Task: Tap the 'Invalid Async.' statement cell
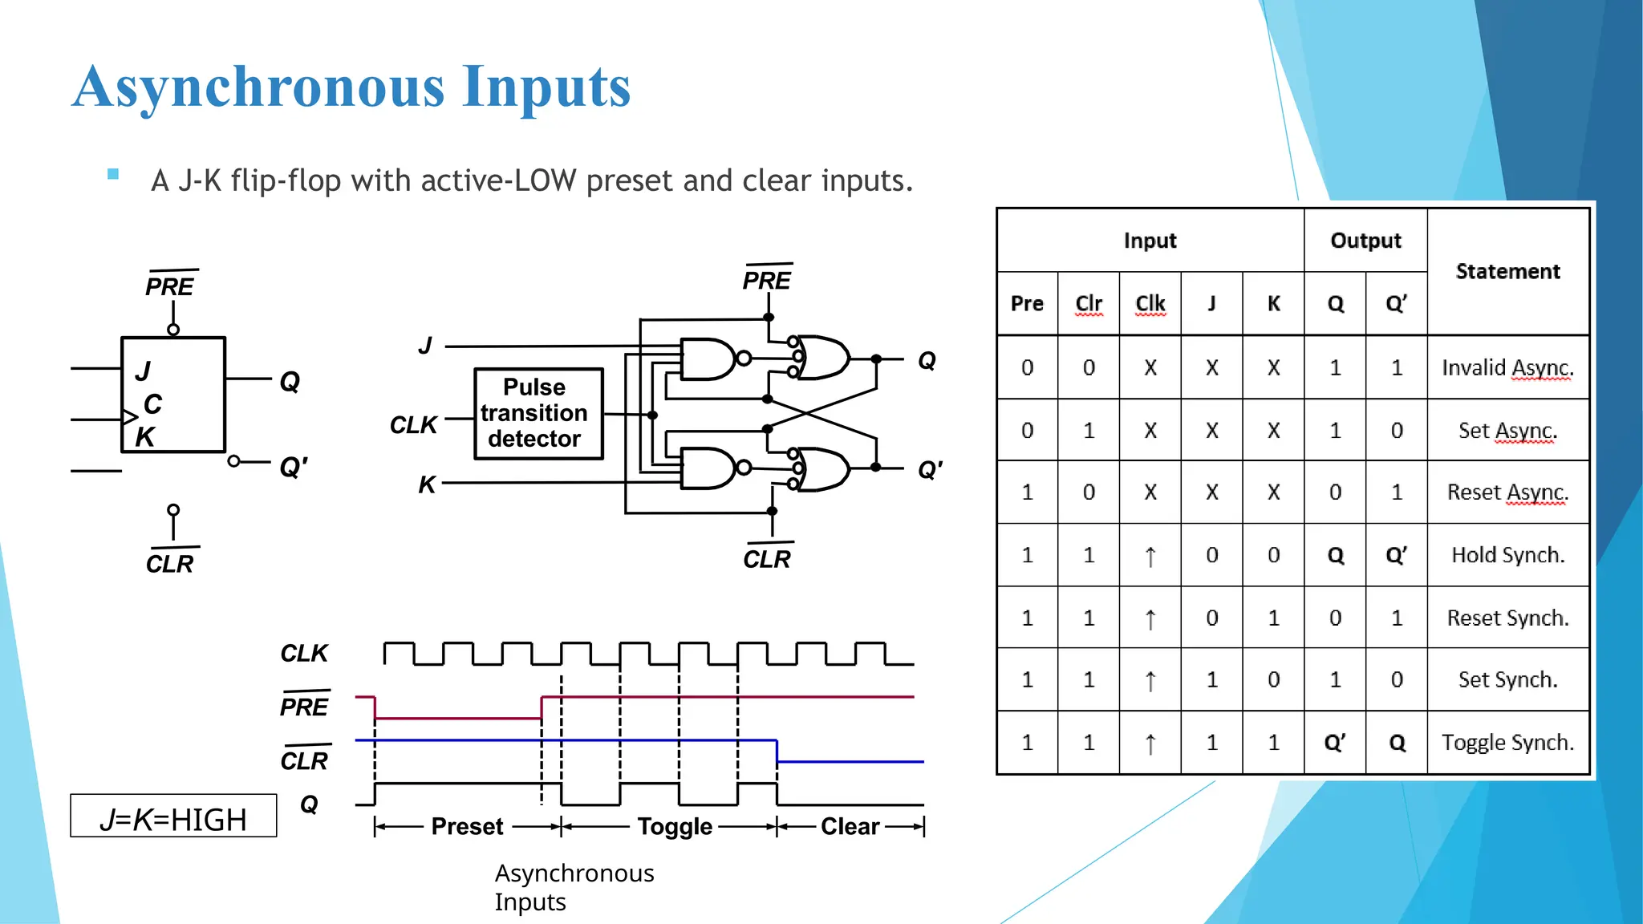click(1507, 367)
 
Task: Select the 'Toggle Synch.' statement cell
click(1507, 742)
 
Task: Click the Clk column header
click(1150, 303)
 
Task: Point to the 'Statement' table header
click(1507, 271)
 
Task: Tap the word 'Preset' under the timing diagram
click(467, 826)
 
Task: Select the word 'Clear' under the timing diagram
click(850, 826)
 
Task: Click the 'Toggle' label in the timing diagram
click(675, 826)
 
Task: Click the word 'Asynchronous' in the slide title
click(258, 87)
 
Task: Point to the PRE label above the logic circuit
click(766, 280)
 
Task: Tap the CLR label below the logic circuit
click(767, 558)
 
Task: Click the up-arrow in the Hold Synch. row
click(1150, 555)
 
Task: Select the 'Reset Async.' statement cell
click(1507, 492)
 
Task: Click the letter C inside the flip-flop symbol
click(152, 403)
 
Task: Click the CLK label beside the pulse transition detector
click(413, 424)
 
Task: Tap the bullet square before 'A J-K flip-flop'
click(113, 174)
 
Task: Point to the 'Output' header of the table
click(1365, 241)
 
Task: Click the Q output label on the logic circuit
click(927, 360)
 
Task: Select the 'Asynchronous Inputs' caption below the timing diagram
click(574, 887)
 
